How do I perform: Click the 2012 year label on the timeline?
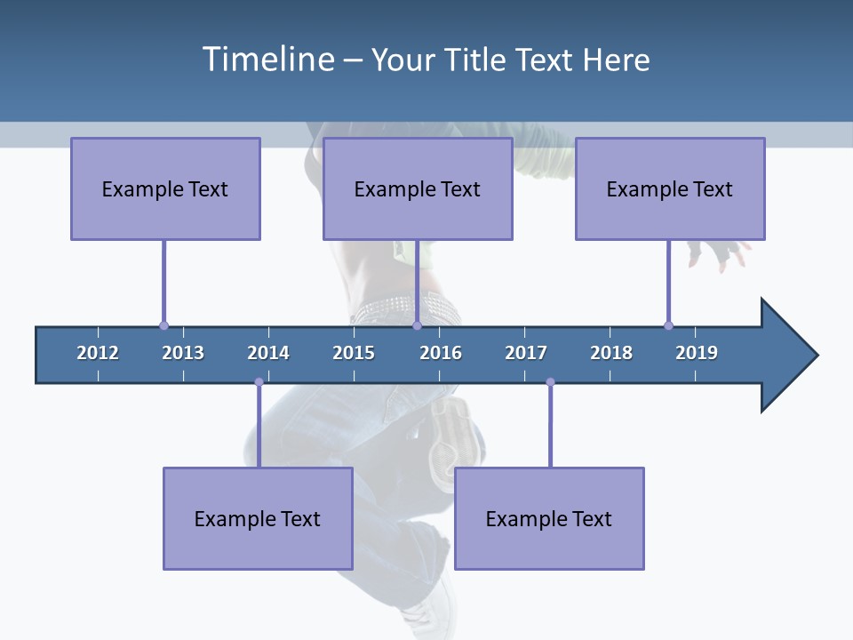coord(98,353)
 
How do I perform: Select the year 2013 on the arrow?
coord(183,353)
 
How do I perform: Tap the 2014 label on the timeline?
coord(268,353)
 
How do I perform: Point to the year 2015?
coord(354,353)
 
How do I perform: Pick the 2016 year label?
coord(441,353)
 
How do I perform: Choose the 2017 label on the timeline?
coord(526,353)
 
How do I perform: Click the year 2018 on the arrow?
coord(611,353)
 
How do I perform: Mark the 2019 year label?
coord(697,353)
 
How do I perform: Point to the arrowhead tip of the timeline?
coord(817,356)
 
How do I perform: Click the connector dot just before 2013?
coord(163,325)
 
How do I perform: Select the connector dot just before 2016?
coord(417,325)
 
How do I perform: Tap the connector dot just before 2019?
coord(668,325)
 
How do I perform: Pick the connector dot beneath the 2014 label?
coord(259,382)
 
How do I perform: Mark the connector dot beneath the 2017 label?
coord(550,382)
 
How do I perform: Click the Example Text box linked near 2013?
coord(165,188)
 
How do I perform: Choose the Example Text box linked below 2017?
coord(549,518)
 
